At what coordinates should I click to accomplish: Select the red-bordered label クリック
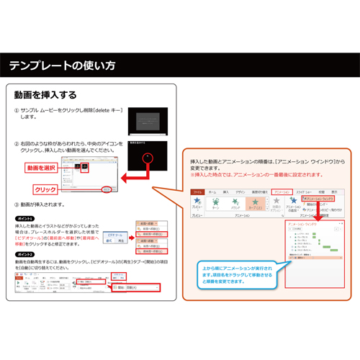45,190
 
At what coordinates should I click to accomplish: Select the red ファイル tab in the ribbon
197,192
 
